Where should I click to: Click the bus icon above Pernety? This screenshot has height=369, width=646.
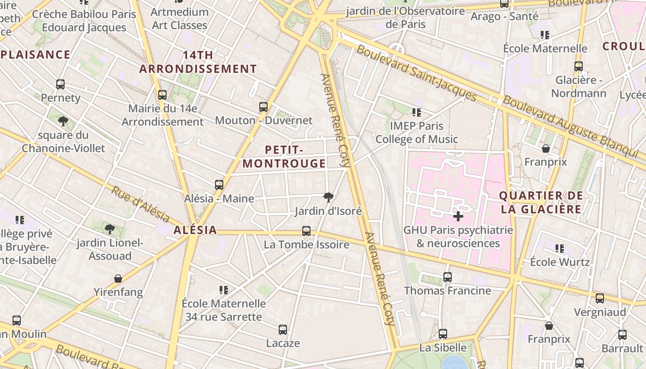click(60, 84)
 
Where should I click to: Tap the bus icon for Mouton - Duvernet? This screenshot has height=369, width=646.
click(263, 107)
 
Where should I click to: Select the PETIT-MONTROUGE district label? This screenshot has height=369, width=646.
click(284, 157)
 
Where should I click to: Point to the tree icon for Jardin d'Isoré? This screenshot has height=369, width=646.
click(328, 198)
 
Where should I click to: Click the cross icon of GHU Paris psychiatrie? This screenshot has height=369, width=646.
click(458, 216)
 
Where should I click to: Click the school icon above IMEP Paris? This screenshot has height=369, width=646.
click(417, 112)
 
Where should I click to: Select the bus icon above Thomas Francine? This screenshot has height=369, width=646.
click(447, 277)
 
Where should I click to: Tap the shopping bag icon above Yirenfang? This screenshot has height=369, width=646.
click(118, 279)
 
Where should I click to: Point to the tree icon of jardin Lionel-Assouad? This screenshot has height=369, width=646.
click(109, 229)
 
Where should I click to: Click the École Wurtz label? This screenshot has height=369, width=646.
click(560, 262)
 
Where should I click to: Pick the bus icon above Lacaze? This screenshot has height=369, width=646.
click(283, 330)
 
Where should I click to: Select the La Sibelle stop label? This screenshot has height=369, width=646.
click(443, 347)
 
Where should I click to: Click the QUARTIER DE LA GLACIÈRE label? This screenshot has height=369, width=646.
click(541, 202)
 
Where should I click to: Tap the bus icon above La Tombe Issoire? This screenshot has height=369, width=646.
click(306, 231)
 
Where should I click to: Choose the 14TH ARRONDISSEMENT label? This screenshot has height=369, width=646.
click(198, 62)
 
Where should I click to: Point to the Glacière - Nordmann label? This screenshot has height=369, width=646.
click(579, 87)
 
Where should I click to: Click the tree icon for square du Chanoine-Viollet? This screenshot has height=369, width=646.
click(63, 121)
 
